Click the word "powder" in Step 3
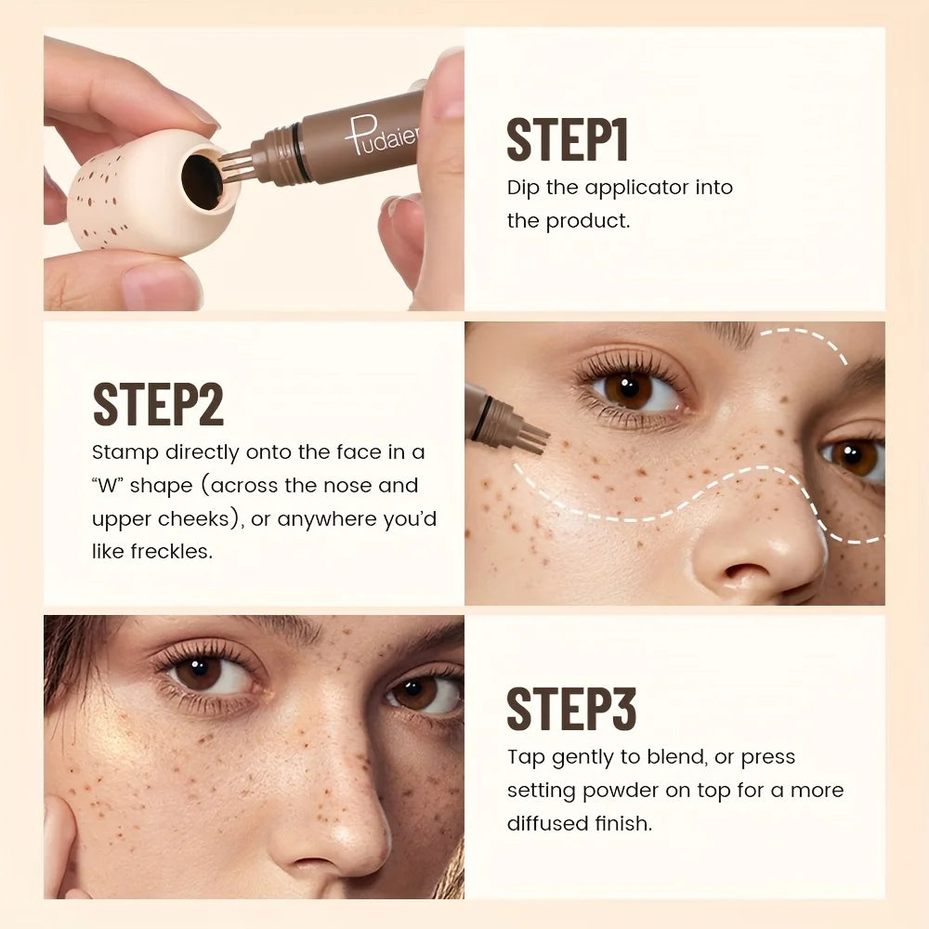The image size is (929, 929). pyautogui.click(x=648, y=791)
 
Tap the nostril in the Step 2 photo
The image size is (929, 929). pyautogui.click(x=734, y=570)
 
